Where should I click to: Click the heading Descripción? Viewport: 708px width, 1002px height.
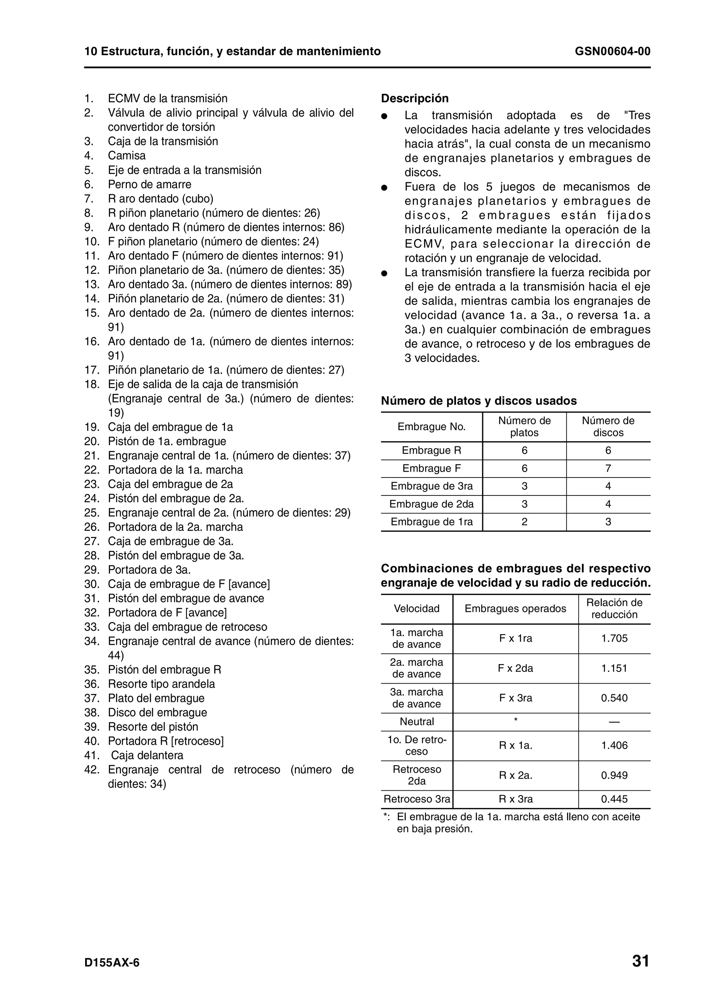coord(414,98)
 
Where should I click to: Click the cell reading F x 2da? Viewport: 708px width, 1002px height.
coord(515,668)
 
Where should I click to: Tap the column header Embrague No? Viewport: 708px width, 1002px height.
coord(431,426)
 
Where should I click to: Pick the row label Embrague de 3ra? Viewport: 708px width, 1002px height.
coord(431,486)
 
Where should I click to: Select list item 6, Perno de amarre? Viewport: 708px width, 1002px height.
coord(149,184)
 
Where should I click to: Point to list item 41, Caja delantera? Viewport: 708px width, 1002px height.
coord(147,755)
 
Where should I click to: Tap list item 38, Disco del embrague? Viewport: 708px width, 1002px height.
coord(157,712)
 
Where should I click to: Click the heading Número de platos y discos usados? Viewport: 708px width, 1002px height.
coord(478,401)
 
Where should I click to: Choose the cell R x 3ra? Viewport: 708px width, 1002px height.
coord(515,799)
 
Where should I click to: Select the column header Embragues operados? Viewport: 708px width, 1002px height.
coord(515,609)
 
